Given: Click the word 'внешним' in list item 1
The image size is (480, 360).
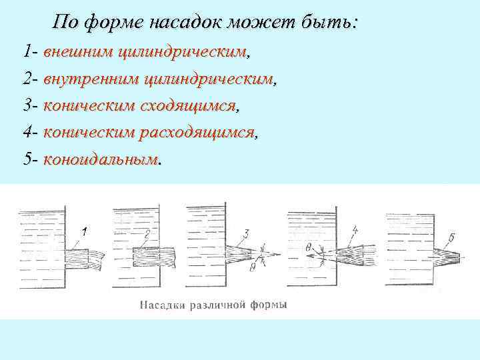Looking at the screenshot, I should [78, 51].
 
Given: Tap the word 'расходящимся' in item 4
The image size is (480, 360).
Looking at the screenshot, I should [198, 133].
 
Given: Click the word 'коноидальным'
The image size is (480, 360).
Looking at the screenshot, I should [101, 161].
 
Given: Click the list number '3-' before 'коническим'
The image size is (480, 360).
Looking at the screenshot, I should [31, 106].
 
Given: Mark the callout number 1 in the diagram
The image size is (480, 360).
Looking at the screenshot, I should [85, 231].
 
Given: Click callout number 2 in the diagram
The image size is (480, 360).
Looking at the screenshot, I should [146, 233].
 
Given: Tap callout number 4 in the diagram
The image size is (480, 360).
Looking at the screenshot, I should [355, 231].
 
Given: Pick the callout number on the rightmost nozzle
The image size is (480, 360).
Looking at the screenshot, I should [452, 237].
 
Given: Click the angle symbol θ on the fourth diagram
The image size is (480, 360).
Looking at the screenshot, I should [309, 249].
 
